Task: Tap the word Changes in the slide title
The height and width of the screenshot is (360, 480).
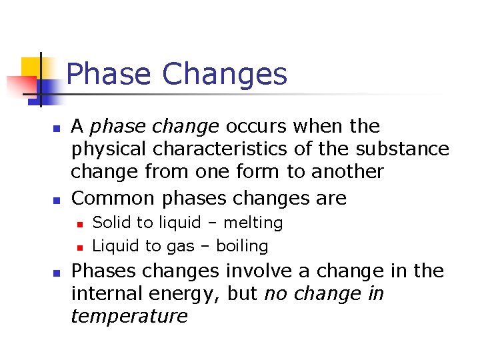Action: coord(225,74)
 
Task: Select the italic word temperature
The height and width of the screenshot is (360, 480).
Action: coord(129,316)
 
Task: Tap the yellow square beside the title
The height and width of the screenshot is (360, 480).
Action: coord(31,67)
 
